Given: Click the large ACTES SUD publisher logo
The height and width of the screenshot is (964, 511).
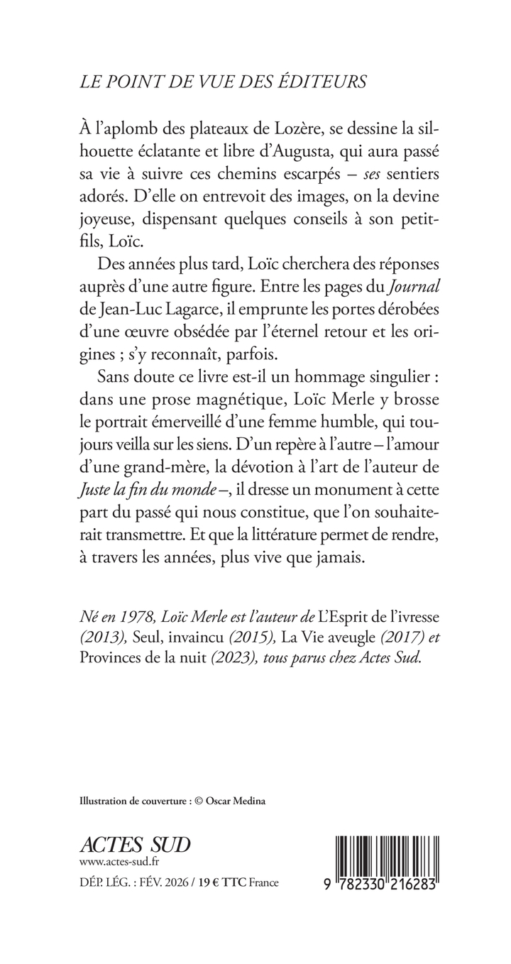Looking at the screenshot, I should (136, 845).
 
